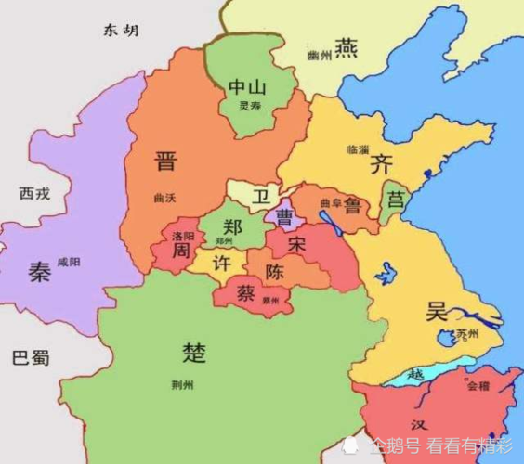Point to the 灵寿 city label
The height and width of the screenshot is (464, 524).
(x=249, y=107)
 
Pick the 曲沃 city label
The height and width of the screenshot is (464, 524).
(x=166, y=199)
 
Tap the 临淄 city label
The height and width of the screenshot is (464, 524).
(x=357, y=149)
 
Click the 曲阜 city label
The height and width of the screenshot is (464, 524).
(x=331, y=203)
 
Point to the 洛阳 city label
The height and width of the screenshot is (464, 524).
(x=184, y=237)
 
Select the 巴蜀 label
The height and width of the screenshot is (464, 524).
(x=30, y=357)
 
